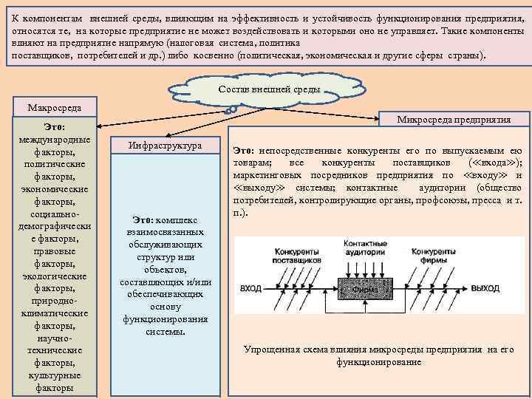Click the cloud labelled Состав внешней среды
[270, 89]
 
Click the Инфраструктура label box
[165, 146]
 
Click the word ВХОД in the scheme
[251, 288]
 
